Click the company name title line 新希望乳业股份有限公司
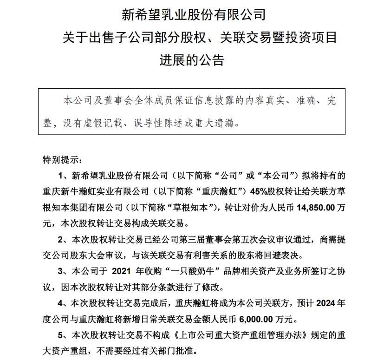[193, 15]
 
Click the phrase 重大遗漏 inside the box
[220, 123]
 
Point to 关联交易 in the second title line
[242, 38]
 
